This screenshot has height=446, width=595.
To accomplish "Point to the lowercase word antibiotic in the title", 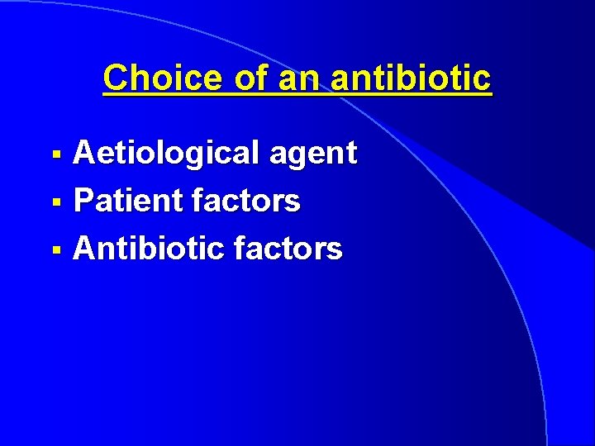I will [x=410, y=78].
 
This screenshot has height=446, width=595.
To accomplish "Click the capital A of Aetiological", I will [x=84, y=153].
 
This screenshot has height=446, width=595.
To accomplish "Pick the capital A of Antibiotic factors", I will [x=84, y=247].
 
